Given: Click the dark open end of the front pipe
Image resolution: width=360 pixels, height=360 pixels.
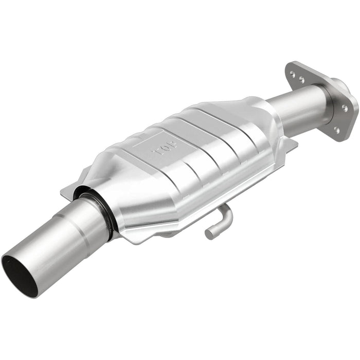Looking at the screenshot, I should coord(19,275).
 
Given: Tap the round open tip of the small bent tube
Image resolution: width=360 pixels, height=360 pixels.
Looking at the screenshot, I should coord(209,233).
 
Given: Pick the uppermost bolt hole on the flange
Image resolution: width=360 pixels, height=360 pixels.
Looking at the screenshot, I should coord(293,75).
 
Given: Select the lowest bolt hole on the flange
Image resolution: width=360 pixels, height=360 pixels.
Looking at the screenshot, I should coord(337,130).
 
